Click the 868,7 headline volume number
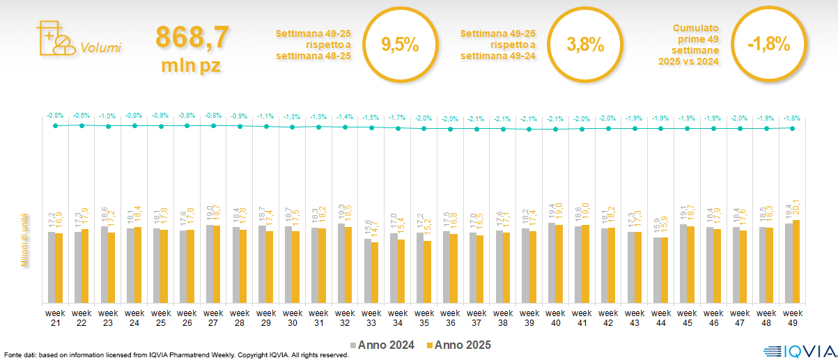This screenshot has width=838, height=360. pos(192,38)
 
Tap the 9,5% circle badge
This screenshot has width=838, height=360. pos(400,45)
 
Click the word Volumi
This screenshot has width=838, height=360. pos(101,48)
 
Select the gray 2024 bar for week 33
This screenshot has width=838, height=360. pos(368,271)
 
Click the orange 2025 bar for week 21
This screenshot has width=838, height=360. pos(59,268)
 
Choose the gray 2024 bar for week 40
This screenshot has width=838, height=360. pos(551,263)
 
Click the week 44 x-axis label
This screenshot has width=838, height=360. pos(661,317)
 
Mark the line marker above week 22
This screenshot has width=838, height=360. pos(82,125)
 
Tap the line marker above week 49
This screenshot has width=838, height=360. pos(792,128)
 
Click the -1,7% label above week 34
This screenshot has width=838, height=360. pos(397,117)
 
